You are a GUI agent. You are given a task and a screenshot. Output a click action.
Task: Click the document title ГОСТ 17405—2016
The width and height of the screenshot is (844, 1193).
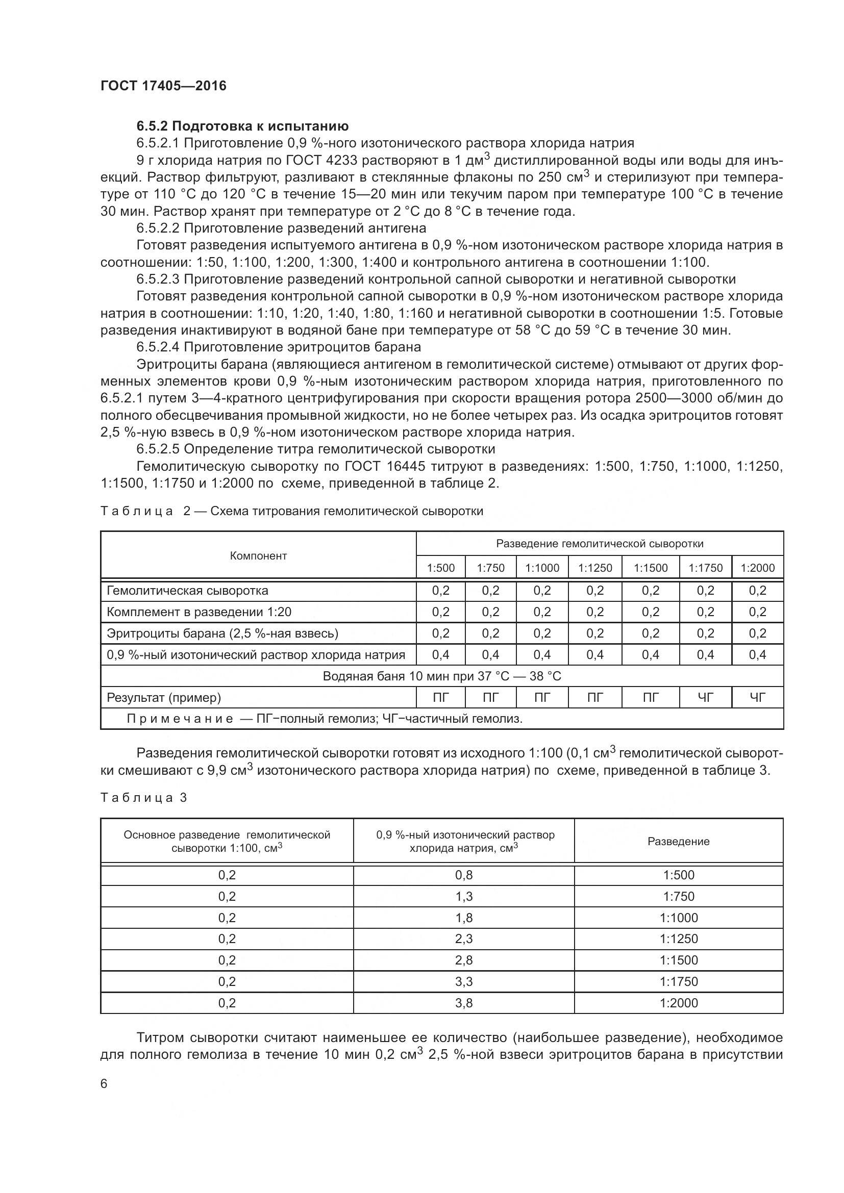click(163, 86)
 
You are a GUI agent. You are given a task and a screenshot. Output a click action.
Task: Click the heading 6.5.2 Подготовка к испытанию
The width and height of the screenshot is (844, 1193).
click(242, 126)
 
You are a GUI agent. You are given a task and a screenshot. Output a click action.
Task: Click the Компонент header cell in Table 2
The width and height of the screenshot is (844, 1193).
click(258, 556)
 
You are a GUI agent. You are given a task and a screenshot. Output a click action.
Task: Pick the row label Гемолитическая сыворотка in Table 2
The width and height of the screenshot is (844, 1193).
click(188, 591)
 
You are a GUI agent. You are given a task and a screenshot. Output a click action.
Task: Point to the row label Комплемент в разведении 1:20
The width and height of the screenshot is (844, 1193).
click(199, 612)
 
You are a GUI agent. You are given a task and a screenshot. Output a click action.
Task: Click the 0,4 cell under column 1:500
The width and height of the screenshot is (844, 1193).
click(440, 655)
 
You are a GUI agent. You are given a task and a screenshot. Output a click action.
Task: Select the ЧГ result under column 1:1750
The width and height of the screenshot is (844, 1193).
click(705, 698)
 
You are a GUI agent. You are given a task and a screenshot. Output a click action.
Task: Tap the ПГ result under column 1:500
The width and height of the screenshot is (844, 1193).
click(440, 698)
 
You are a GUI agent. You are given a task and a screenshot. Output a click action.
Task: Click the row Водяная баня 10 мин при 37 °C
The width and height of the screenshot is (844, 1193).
click(442, 676)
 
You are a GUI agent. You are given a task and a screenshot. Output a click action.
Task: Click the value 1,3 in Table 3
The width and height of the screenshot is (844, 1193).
click(463, 896)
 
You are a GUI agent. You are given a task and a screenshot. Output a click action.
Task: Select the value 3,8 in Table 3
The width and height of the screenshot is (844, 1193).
click(463, 1003)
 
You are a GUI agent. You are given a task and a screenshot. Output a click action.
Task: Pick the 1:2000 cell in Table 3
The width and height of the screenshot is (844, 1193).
click(678, 1003)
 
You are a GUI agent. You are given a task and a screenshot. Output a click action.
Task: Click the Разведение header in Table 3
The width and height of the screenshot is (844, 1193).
click(678, 842)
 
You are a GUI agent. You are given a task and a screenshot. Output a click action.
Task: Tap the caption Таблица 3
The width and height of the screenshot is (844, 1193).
click(143, 798)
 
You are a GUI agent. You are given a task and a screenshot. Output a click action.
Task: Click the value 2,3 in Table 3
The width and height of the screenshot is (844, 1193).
click(463, 939)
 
